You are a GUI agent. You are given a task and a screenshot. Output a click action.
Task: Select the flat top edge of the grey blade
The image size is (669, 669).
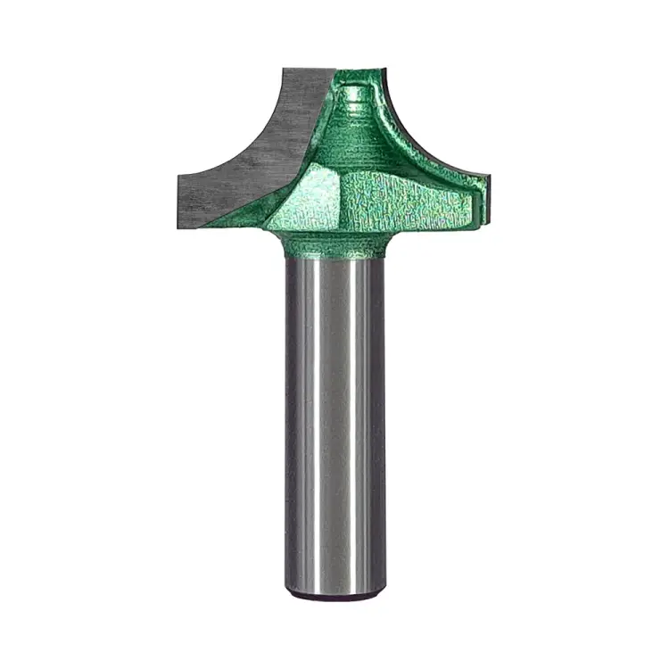308,70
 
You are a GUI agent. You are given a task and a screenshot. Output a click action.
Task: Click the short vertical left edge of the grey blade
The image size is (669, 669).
178,196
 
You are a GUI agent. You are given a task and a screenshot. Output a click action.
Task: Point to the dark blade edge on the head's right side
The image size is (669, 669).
446,134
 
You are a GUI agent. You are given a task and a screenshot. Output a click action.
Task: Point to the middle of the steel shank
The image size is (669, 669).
334,419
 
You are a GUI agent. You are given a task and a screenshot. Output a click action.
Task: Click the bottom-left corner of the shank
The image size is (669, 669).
287,589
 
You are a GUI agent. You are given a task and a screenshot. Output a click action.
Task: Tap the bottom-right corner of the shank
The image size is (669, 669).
384,589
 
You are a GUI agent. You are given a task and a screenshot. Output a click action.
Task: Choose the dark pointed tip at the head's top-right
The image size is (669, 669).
386,66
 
